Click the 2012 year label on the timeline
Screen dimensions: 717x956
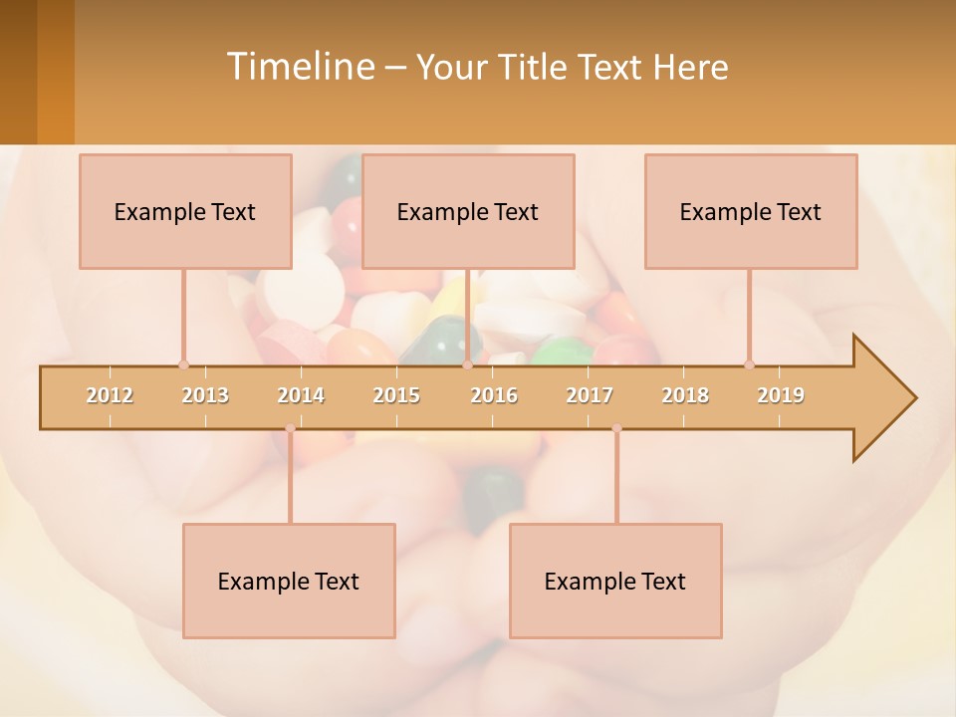110,395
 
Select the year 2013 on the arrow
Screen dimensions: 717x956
205,395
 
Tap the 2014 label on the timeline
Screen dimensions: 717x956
301,395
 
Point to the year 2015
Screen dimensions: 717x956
396,395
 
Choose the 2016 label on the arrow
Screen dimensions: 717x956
494,395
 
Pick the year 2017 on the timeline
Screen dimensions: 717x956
590,395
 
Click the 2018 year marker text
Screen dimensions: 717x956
685,395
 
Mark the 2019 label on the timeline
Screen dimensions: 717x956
781,395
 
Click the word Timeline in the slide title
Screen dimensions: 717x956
299,67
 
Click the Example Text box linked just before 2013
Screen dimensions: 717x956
185,211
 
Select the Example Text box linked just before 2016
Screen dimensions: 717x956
468,211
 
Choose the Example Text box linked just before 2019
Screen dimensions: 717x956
751,211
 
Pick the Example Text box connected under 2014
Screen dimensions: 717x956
289,581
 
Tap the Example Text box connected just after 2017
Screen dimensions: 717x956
615,581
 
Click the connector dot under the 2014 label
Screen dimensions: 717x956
290,428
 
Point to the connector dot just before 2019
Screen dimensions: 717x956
749,365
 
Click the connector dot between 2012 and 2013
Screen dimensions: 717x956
183,365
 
